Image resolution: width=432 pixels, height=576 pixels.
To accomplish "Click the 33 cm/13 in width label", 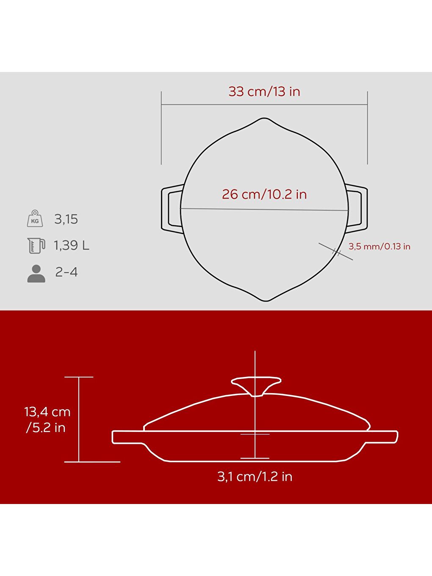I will click(264, 91).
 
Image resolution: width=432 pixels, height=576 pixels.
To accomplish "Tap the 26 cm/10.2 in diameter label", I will click(264, 194).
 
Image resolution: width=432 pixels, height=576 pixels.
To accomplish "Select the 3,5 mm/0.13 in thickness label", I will click(379, 246).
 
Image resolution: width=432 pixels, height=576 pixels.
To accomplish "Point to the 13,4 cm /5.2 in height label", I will click(47, 419).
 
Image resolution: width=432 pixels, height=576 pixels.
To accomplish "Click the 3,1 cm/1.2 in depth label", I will click(255, 476).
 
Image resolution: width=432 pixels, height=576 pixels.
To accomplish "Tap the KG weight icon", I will click(35, 219).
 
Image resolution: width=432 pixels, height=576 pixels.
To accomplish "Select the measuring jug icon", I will click(36, 245).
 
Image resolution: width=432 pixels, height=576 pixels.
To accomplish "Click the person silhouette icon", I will click(36, 274).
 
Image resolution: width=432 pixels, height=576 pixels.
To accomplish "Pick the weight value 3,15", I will click(66, 219).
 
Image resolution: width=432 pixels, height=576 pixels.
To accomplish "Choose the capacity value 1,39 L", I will click(71, 245).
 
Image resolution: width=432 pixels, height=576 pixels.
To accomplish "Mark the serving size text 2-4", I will click(66, 272).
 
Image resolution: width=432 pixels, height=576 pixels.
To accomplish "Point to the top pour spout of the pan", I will click(265, 120).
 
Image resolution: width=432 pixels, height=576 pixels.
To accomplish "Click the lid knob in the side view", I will click(255, 385).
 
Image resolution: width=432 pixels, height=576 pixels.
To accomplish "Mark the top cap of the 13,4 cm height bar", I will click(79, 377).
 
